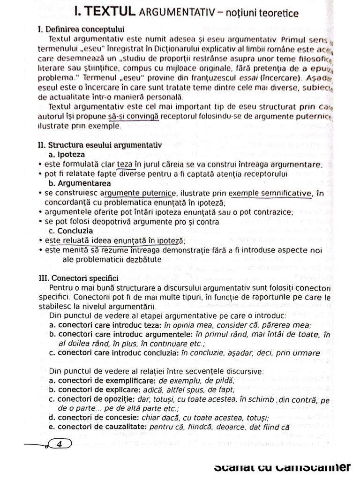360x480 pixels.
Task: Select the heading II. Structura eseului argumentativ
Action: point(99,145)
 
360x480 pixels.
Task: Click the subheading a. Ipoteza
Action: point(67,154)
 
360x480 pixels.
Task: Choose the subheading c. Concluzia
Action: point(71,231)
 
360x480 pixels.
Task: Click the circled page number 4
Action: point(59,444)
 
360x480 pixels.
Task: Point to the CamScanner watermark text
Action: point(282,467)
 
